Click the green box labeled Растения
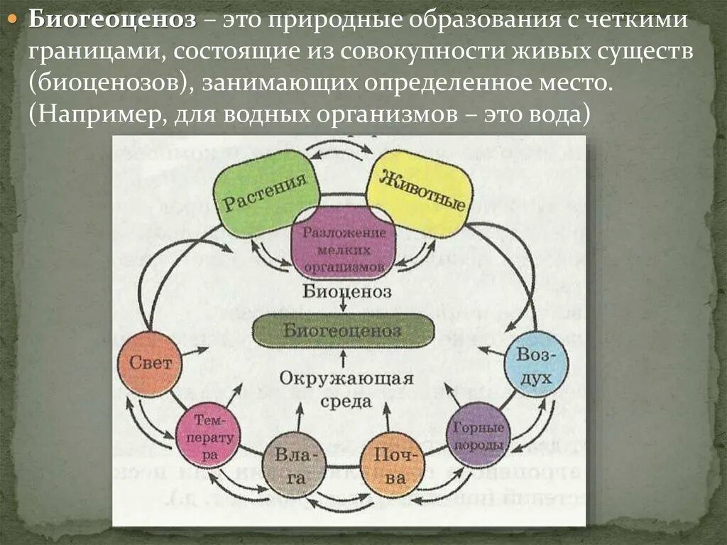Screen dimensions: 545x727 coord(265,193)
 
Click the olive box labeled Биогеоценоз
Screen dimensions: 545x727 coord(343,331)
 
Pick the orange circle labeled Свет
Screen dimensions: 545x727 coord(150,363)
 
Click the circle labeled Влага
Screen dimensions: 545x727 coord(294,465)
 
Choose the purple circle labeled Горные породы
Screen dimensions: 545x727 coord(478,435)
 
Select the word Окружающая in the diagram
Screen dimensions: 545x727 coord(346,377)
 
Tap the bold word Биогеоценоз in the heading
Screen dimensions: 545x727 coord(112,21)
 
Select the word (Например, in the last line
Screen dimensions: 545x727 coord(94,115)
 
